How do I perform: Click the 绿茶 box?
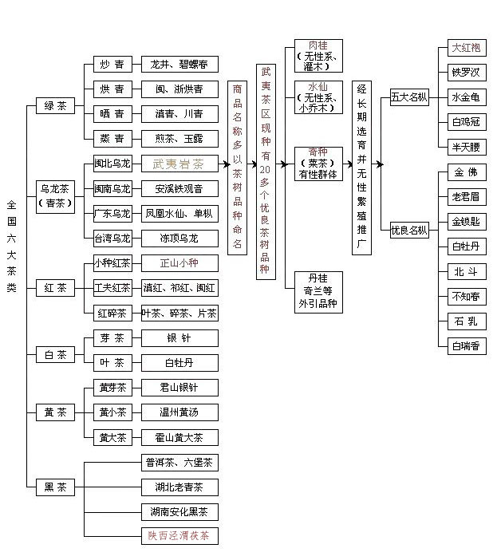coord(55,106)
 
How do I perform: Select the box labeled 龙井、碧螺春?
coord(179,65)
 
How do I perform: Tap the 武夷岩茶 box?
coord(179,164)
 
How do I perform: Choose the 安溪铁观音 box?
coord(179,188)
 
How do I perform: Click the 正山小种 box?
coord(179,263)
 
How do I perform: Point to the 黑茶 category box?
coord(55,487)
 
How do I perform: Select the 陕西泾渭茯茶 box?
coord(179,536)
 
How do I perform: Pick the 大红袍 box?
coord(467,48)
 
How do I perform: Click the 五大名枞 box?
coord(409,97)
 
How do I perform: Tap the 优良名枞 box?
coord(409,230)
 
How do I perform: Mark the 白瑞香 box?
coord(467,346)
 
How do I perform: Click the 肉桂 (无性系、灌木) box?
coord(318,56)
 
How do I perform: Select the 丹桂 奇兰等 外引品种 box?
coord(318,293)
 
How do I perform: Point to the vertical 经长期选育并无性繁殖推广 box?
coord(361,168)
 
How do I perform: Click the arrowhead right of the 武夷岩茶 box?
coord(226,164)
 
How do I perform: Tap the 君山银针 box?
coord(179,388)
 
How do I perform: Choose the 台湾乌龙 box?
coord(112,239)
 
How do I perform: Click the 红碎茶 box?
coord(112,314)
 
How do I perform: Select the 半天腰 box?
coord(467,147)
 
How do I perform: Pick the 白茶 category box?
coord(55,355)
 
